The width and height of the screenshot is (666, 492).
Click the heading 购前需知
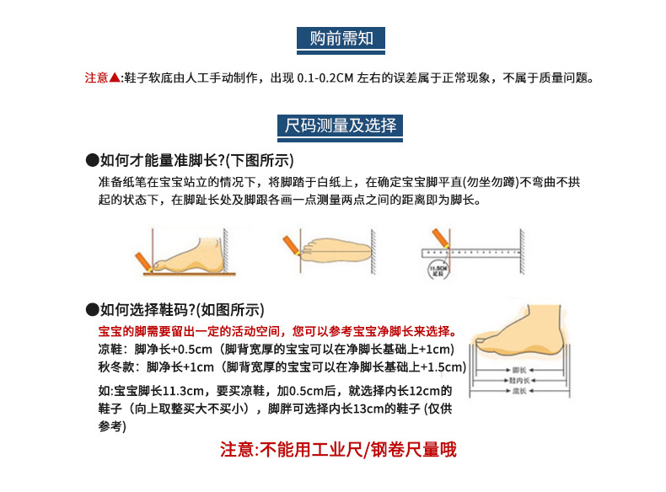pos(341,39)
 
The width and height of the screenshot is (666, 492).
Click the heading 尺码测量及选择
pos(341,126)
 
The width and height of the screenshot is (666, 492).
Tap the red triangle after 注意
pos(115,78)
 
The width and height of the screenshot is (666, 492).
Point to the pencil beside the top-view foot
pos(291,245)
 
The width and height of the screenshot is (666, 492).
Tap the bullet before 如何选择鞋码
pos(92,309)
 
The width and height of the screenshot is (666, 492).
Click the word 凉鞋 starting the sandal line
pos(110,350)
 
